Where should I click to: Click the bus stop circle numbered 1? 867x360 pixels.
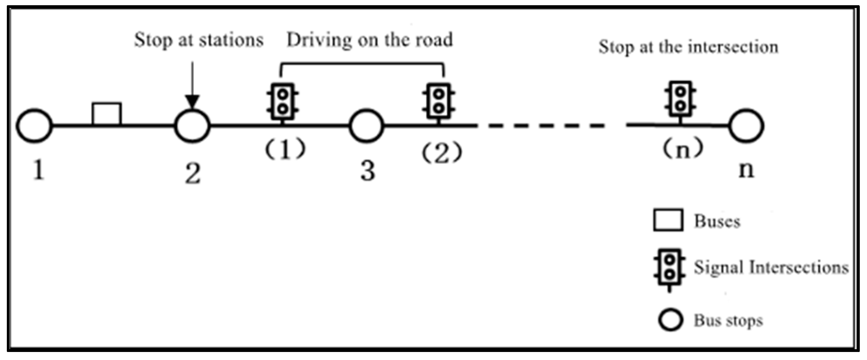(34, 126)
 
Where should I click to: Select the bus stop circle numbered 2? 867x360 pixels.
(192, 126)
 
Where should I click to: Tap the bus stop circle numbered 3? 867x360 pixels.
(366, 126)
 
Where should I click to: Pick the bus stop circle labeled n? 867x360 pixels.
(746, 126)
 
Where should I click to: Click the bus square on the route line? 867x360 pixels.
(107, 114)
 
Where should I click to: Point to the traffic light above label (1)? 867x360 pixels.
(283, 102)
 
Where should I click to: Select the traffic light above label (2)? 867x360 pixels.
(438, 102)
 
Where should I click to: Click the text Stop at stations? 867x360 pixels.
(199, 40)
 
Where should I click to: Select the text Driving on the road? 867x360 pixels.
(369, 40)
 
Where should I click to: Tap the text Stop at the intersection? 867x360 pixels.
(688, 47)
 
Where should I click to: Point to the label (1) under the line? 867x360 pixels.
(285, 149)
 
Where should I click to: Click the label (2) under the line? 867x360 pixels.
(442, 153)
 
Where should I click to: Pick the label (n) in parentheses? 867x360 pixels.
(682, 149)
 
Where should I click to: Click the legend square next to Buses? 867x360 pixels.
(668, 220)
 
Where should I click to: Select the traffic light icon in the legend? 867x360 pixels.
(669, 268)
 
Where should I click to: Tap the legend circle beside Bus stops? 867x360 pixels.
(670, 320)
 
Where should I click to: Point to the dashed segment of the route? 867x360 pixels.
(552, 126)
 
